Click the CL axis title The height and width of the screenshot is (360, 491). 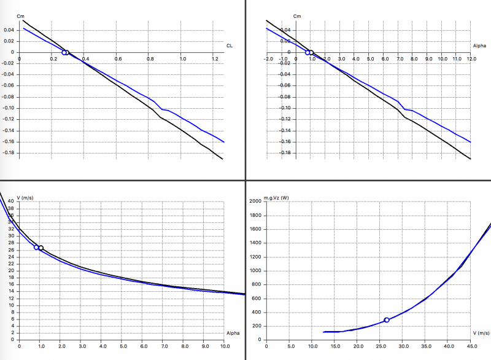coord(230,45)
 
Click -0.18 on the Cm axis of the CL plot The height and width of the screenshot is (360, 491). coord(10,153)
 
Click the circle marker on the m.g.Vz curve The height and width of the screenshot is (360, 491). coord(387,320)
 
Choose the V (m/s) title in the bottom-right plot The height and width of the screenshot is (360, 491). coord(481,333)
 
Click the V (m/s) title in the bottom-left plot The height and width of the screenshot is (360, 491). coord(26,197)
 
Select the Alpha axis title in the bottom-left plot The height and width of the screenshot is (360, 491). coord(233,333)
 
